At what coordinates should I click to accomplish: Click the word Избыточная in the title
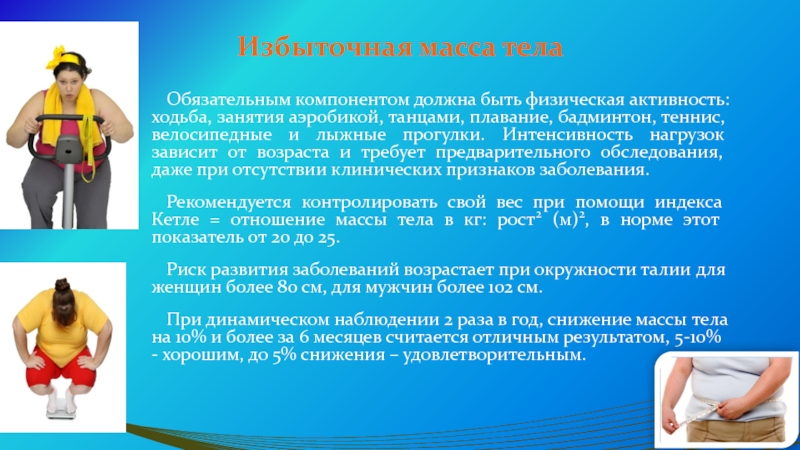pos(325,47)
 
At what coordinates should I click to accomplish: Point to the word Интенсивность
pos(567,135)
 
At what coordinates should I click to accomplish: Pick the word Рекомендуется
pos(229,203)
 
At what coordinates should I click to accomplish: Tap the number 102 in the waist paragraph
pos(502,288)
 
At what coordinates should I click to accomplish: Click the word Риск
pos(186,270)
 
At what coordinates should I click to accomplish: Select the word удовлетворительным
pos(494,355)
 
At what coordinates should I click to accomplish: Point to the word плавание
pos(511,118)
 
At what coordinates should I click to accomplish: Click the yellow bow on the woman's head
pos(57,56)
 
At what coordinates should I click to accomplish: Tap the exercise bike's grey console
pos(68,148)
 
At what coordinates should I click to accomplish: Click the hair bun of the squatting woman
pos(62,284)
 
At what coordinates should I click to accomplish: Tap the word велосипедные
pos(212,135)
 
